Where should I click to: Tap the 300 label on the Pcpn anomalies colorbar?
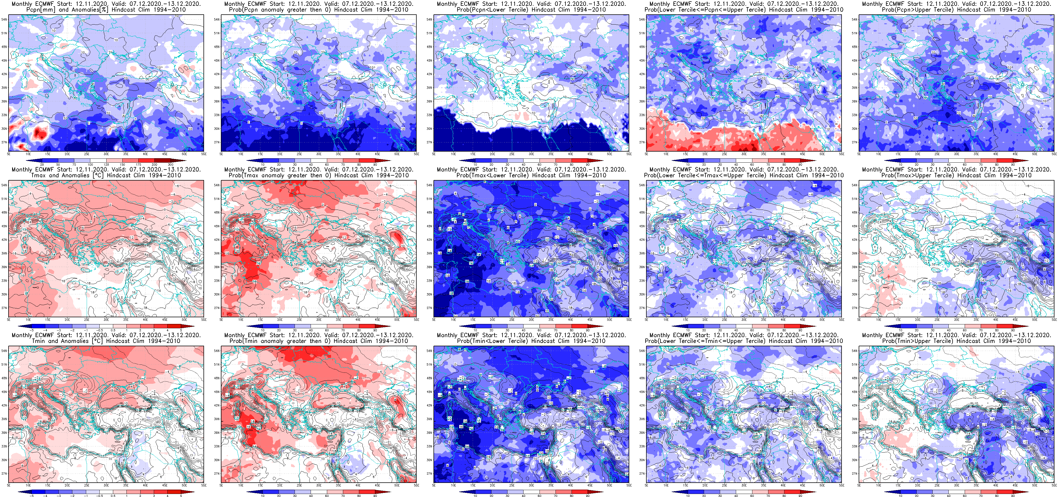170,164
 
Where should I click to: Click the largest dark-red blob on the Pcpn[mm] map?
39,133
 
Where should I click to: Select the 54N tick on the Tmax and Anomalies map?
4,185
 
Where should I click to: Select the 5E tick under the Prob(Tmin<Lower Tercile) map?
434,485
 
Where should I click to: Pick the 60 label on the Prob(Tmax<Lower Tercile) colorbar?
539,330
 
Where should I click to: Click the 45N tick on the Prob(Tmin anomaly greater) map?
217,392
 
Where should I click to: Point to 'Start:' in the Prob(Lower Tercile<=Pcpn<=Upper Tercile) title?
712,4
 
